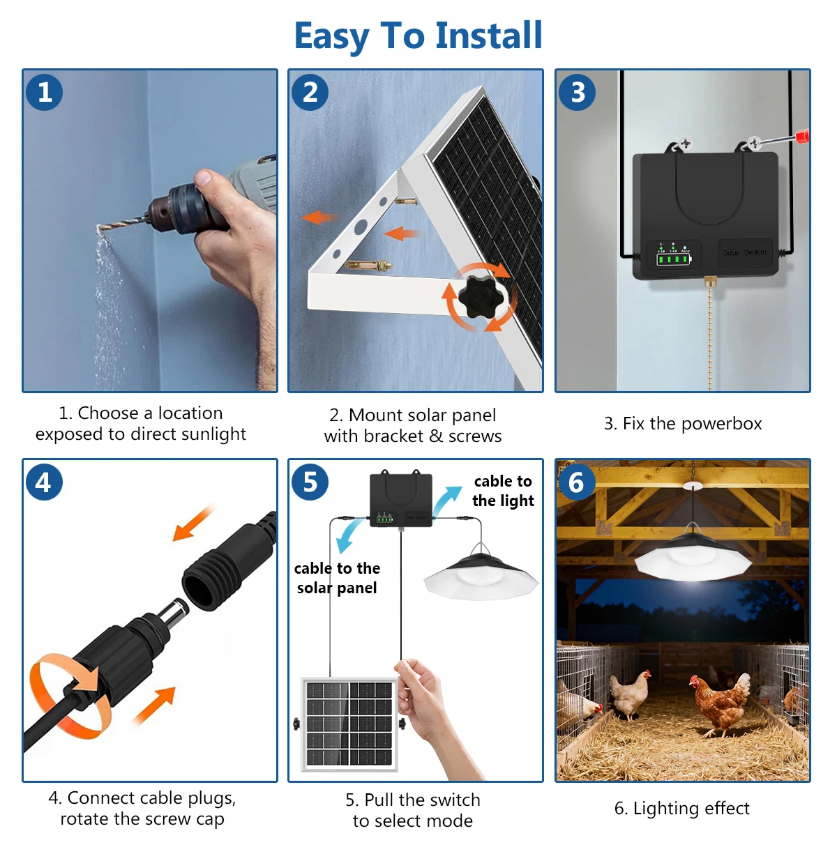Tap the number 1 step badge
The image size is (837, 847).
coord(44,92)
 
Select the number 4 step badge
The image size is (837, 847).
coord(44,482)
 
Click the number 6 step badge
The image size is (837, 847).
coord(577,482)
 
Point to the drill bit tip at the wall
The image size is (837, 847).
coord(99,228)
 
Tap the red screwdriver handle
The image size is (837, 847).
coord(802,136)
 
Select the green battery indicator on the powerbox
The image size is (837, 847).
coord(673,259)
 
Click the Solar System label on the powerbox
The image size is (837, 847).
coord(745,252)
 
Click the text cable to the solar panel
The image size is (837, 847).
coord(337,577)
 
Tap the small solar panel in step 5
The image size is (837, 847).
coord(349,724)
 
